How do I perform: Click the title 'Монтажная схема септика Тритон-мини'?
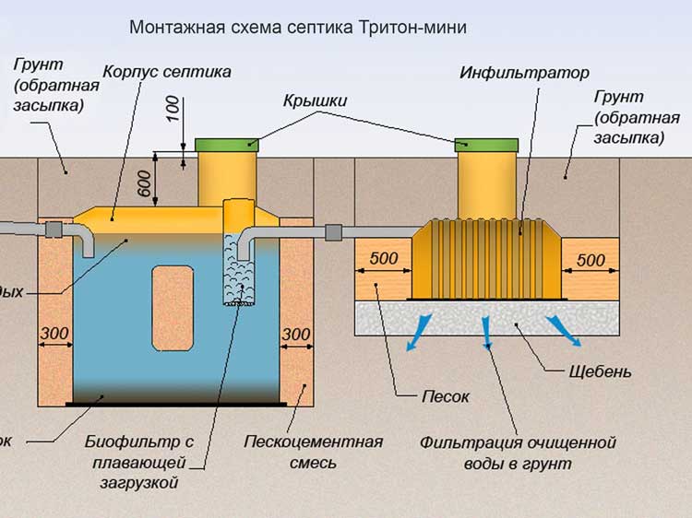(298, 28)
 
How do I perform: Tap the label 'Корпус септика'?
(166, 71)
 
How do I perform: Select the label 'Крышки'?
(315, 101)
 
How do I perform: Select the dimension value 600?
(145, 182)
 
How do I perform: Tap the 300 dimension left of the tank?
(54, 333)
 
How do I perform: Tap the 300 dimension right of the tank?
(295, 333)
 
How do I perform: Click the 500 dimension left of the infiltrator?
(384, 260)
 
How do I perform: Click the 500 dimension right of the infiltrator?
(591, 261)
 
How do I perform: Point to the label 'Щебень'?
(600, 372)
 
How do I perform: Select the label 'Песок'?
(446, 396)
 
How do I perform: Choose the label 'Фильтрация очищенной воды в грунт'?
(518, 453)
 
